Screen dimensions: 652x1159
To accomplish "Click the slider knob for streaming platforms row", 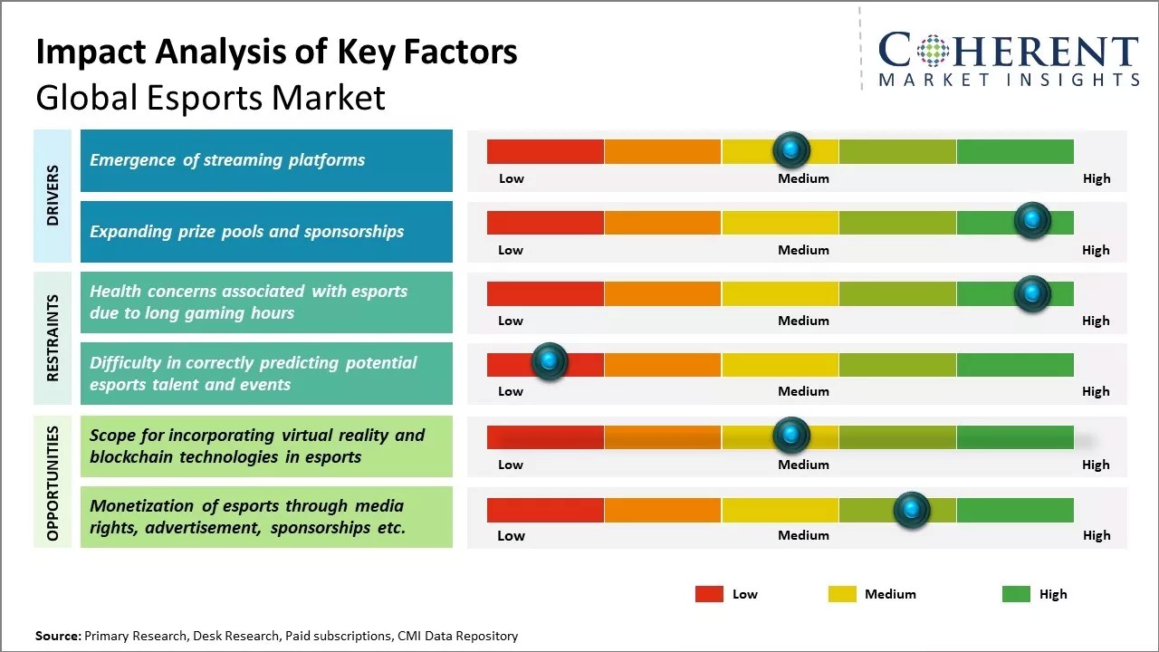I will [x=791, y=149].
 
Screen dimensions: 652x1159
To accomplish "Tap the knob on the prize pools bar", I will [x=1032, y=221].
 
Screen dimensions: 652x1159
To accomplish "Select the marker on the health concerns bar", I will [x=1032, y=292].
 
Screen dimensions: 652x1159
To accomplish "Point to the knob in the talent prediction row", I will [x=549, y=361].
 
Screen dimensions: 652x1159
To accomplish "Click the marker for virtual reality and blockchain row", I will [x=791, y=436].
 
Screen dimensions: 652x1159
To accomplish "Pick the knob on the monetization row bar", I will [x=912, y=511].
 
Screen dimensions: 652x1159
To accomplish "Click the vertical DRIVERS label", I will [x=53, y=195].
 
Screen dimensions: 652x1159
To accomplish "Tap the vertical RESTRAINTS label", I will [x=53, y=338].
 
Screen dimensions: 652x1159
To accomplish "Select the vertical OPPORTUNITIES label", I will [x=53, y=483].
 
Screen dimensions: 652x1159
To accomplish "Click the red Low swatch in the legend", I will [x=709, y=594].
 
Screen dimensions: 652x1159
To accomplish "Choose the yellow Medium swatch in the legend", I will [x=842, y=594].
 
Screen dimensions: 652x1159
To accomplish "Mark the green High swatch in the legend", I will [x=1016, y=594].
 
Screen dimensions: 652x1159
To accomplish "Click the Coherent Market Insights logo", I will [x=1008, y=59].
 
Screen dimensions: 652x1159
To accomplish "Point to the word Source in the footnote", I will [x=57, y=636].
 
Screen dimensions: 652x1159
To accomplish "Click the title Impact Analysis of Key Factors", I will [x=276, y=53].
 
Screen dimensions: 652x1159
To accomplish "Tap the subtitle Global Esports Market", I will [x=210, y=98].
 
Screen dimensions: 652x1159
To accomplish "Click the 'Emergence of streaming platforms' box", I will [x=266, y=160].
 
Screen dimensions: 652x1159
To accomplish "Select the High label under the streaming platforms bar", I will [x=1096, y=178].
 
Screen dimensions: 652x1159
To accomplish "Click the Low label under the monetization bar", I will [x=511, y=535].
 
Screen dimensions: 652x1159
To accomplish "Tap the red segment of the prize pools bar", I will [x=545, y=223].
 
